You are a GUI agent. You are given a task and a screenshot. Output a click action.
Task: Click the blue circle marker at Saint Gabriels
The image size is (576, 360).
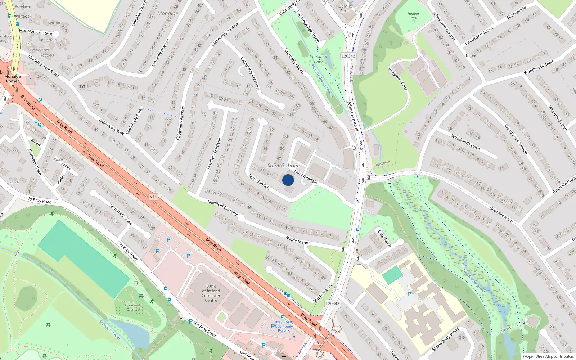point(288,180)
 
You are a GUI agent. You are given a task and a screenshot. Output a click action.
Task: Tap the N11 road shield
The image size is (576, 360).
point(153,197)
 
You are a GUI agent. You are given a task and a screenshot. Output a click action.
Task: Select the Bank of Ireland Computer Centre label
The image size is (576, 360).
point(211,293)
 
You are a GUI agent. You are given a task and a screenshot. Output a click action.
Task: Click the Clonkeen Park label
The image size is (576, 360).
point(318,59)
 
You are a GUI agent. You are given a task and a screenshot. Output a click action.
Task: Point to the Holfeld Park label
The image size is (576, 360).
point(413,16)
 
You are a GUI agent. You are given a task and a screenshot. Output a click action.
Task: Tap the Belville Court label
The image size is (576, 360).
point(345,8)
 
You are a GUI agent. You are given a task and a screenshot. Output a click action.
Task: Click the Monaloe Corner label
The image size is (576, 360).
point(13,78)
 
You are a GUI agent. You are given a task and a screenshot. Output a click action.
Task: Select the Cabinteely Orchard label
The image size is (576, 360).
point(133,307)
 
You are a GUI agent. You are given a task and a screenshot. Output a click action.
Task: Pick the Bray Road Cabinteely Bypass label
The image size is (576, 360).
point(284,326)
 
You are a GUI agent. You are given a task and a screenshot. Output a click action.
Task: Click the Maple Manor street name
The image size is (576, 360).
point(298,240)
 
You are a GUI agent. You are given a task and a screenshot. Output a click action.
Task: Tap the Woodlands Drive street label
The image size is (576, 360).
point(465,142)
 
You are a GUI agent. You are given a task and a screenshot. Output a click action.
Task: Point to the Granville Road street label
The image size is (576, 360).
point(501,214)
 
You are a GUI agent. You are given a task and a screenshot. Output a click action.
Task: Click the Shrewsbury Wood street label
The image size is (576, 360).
point(445,339)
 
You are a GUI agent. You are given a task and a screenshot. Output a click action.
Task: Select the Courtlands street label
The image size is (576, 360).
point(384,238)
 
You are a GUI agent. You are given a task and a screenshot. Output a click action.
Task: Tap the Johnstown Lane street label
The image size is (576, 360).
point(397,78)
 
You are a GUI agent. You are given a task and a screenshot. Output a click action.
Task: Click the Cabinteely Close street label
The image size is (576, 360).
point(120,214)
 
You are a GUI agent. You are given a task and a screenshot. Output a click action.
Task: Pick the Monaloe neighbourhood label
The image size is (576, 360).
point(168,13)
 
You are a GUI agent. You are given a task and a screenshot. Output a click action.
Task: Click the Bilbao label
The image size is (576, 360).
point(472,55)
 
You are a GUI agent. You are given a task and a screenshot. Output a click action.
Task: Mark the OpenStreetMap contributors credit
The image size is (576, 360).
point(548,357)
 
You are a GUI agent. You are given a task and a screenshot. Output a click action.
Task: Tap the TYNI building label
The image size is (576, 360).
point(84,87)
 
